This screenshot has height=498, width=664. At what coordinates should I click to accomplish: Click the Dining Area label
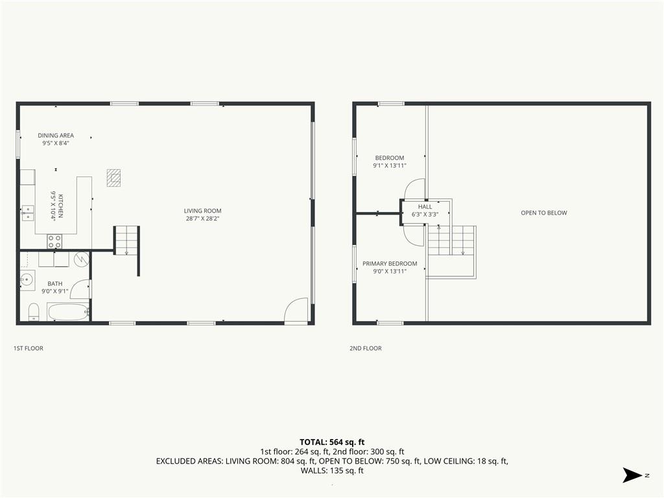click(56, 136)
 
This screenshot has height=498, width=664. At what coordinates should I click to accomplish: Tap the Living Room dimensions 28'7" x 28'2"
click(202, 219)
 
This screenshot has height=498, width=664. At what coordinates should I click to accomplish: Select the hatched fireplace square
click(113, 178)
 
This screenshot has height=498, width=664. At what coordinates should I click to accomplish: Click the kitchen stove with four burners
click(54, 241)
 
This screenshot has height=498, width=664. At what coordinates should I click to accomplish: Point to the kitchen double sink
click(28, 213)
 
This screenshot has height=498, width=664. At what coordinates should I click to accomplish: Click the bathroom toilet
click(34, 312)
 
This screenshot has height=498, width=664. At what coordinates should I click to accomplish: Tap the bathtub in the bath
click(69, 312)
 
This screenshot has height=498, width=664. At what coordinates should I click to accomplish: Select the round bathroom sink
click(27, 280)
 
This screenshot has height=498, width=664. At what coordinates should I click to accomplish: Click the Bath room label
click(55, 284)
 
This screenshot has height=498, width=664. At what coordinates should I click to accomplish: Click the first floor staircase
click(126, 240)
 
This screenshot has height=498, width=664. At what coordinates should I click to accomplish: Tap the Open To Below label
click(544, 213)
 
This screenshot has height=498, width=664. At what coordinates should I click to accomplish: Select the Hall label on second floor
click(425, 207)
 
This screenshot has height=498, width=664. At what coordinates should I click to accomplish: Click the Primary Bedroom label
click(390, 263)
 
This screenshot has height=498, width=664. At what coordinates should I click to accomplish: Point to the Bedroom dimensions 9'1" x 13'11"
click(390, 165)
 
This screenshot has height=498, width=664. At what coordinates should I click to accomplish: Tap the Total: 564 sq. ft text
click(332, 442)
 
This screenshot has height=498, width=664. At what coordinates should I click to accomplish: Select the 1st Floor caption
click(29, 348)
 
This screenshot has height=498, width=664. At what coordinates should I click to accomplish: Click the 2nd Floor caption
click(366, 348)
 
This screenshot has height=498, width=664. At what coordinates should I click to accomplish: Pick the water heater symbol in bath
click(81, 259)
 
